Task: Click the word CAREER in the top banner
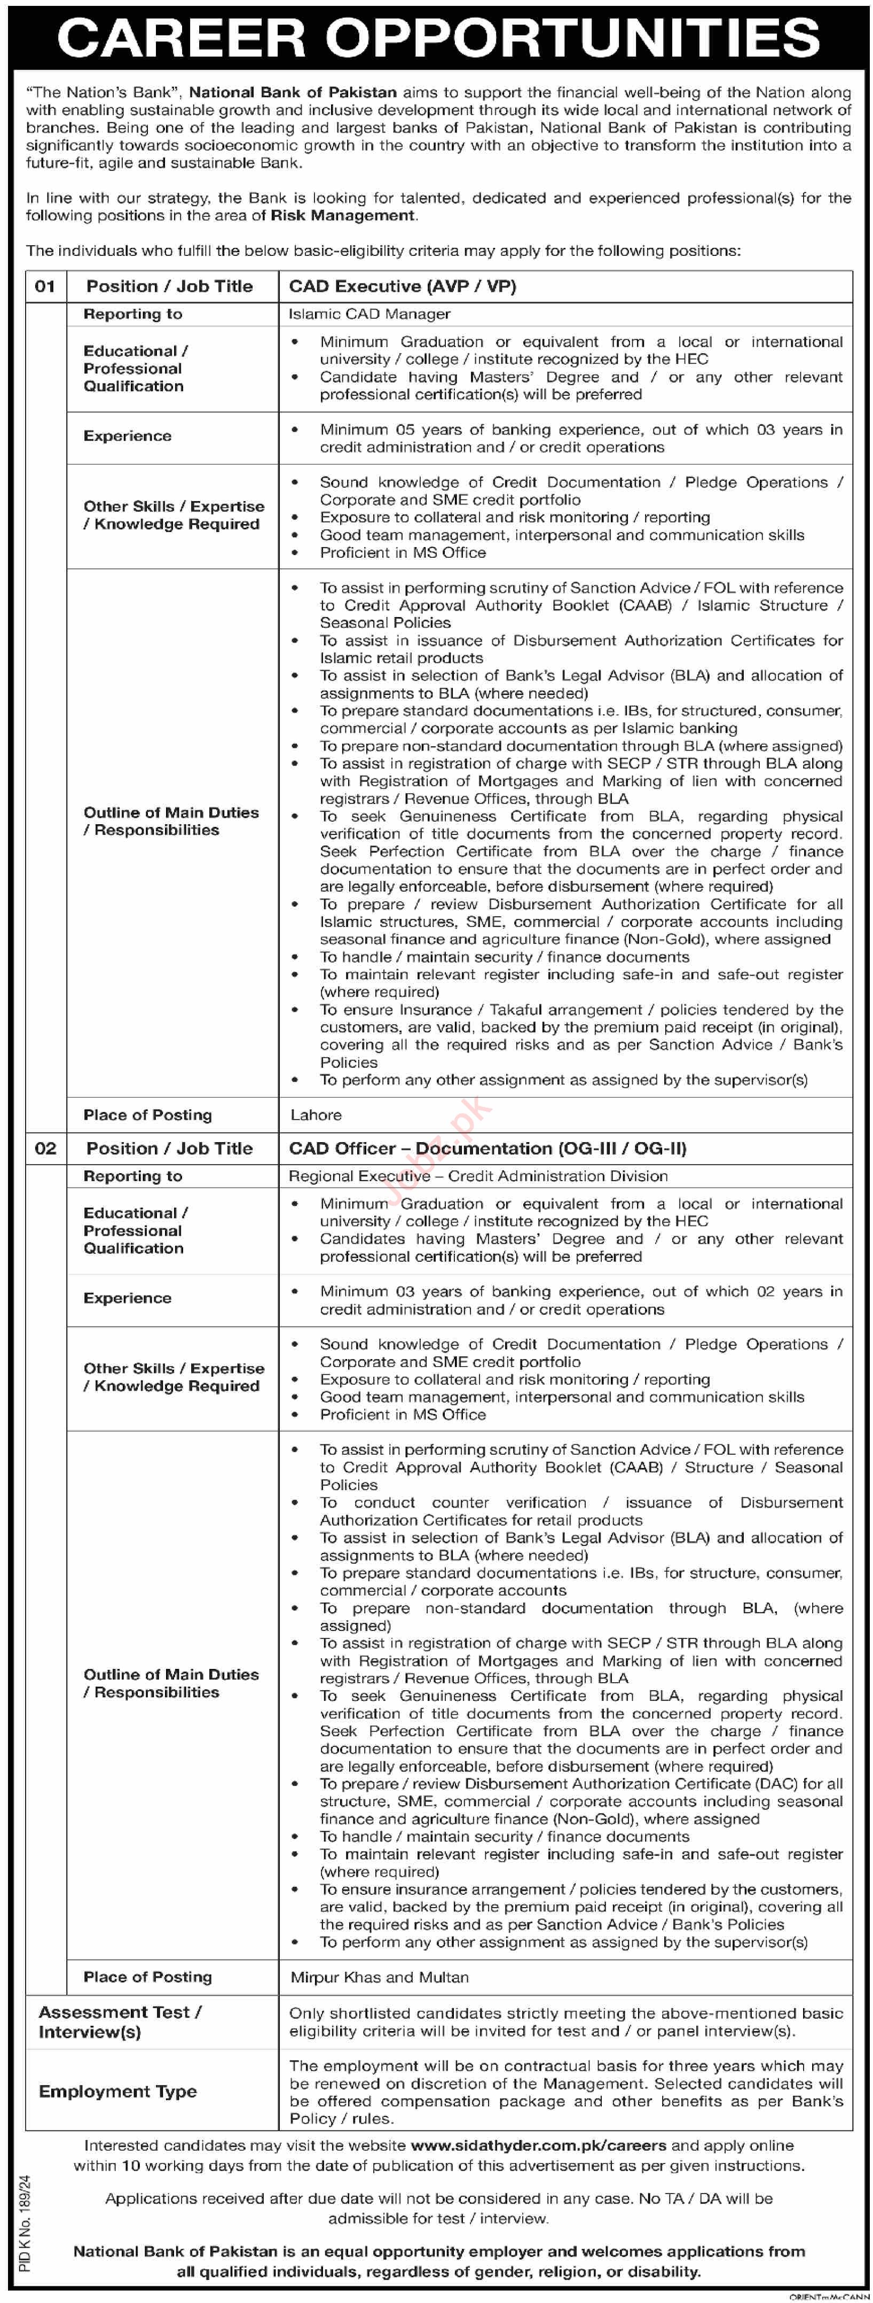182,37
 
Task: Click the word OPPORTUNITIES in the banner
572,37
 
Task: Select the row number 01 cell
45,286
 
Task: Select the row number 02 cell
45,1148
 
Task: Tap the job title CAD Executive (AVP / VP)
402,286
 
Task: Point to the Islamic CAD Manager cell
369,314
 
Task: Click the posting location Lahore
316,1115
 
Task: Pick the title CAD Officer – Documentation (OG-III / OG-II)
487,1148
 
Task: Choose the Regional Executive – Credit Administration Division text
478,1176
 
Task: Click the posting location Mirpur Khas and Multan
379,1977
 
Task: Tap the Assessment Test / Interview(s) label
120,2021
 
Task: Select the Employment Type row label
117,2091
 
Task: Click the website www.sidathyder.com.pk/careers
538,2145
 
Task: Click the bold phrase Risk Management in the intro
342,215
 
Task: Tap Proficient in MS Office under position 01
403,552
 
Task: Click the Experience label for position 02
127,1298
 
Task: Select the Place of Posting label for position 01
147,1115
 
